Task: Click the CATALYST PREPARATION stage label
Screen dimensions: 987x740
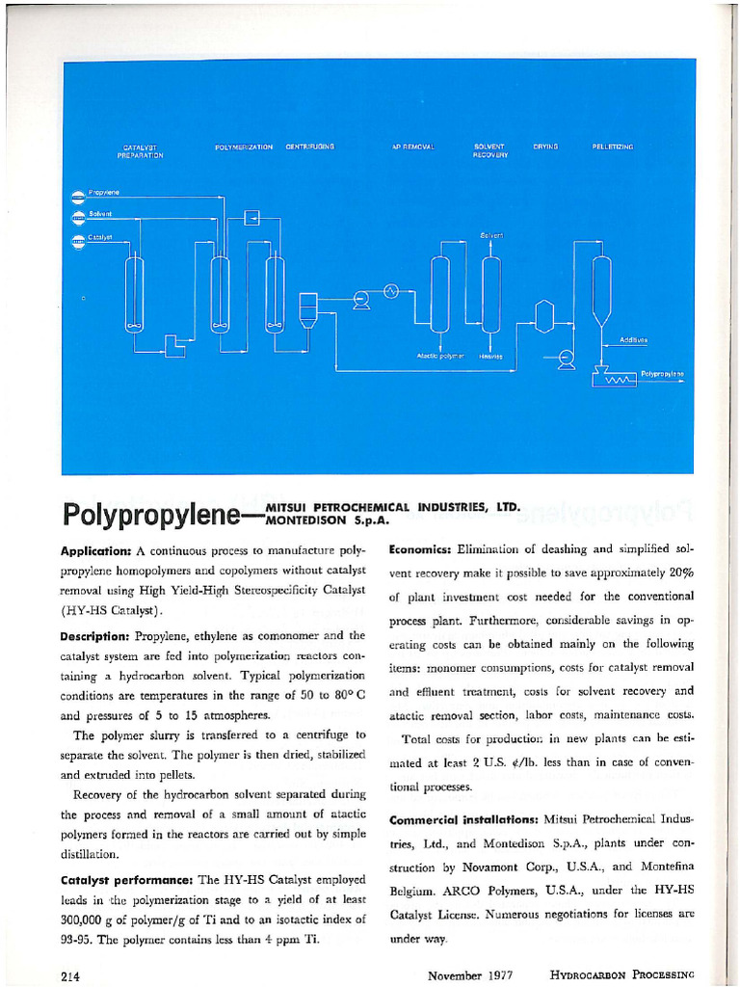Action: pos(145,150)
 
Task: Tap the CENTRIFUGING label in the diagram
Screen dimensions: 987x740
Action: pos(309,147)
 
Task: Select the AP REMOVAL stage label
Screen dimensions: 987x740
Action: pos(414,147)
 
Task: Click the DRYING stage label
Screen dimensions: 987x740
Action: pos(545,147)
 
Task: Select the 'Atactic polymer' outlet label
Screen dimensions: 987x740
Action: pos(440,356)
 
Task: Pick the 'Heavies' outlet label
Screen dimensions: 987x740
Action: pos(489,356)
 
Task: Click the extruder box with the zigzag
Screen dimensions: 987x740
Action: pos(615,380)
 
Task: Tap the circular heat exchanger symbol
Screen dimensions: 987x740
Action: pos(391,291)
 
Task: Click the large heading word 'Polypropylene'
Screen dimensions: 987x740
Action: pos(159,515)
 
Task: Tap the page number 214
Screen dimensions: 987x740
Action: pos(69,975)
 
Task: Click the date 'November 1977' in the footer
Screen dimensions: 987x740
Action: pos(469,975)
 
